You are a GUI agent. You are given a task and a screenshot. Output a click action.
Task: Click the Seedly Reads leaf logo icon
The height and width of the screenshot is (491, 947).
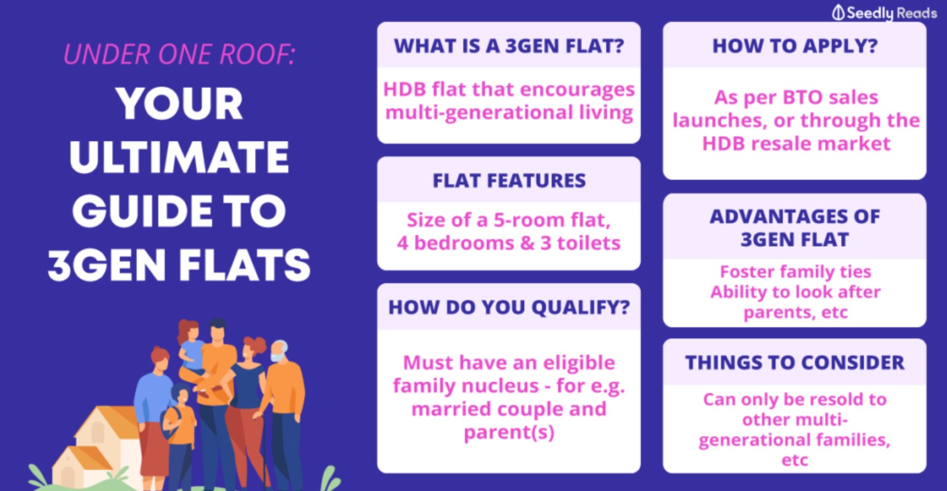click(838, 13)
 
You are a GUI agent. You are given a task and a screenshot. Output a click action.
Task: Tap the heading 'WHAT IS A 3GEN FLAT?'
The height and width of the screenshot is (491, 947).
click(509, 46)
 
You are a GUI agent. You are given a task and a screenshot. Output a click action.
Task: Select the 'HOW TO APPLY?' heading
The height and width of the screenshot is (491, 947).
click(795, 46)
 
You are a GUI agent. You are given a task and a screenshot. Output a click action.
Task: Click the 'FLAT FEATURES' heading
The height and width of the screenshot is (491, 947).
click(509, 181)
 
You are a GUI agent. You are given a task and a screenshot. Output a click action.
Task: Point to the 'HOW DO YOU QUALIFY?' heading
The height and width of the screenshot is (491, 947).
click(509, 308)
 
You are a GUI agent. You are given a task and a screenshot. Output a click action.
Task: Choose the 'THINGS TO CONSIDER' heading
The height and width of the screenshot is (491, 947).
click(795, 363)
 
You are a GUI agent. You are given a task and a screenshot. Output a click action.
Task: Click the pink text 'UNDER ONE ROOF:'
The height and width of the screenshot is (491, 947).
click(179, 54)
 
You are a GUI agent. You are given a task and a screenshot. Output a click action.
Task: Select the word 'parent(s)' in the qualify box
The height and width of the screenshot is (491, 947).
click(509, 432)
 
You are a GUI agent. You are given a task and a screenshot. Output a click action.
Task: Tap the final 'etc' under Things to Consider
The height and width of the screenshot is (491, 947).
click(795, 460)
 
